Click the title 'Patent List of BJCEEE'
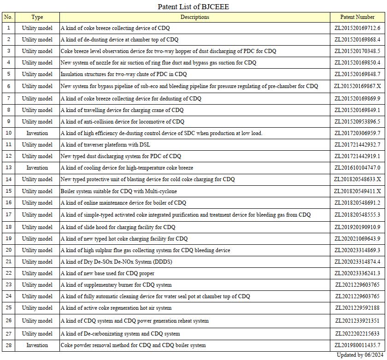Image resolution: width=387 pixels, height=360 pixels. click(193, 6)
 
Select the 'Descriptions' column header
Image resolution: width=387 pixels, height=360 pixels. click(194, 17)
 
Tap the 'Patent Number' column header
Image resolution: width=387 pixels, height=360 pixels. click(357, 17)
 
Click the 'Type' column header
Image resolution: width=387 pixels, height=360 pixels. click(37, 17)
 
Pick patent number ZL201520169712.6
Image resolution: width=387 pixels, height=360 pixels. click(357, 28)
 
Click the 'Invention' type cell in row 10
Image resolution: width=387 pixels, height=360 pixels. click(37, 133)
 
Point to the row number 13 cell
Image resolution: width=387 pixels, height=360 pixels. click(8, 168)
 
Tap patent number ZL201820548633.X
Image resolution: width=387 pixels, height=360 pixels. click(357, 179)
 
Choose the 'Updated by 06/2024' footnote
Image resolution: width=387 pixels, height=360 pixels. click(360, 355)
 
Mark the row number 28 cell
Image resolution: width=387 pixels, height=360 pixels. click(8, 345)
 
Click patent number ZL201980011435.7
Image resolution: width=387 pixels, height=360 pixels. click(357, 345)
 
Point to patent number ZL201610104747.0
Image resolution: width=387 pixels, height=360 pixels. click(357, 168)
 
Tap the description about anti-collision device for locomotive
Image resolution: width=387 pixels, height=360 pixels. click(123, 122)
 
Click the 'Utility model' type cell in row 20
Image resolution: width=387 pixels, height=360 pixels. click(37, 250)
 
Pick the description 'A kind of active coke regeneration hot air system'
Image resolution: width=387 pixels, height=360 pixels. click(116, 308)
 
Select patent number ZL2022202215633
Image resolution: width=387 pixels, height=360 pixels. click(357, 334)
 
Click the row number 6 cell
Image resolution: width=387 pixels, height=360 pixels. click(8, 86)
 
